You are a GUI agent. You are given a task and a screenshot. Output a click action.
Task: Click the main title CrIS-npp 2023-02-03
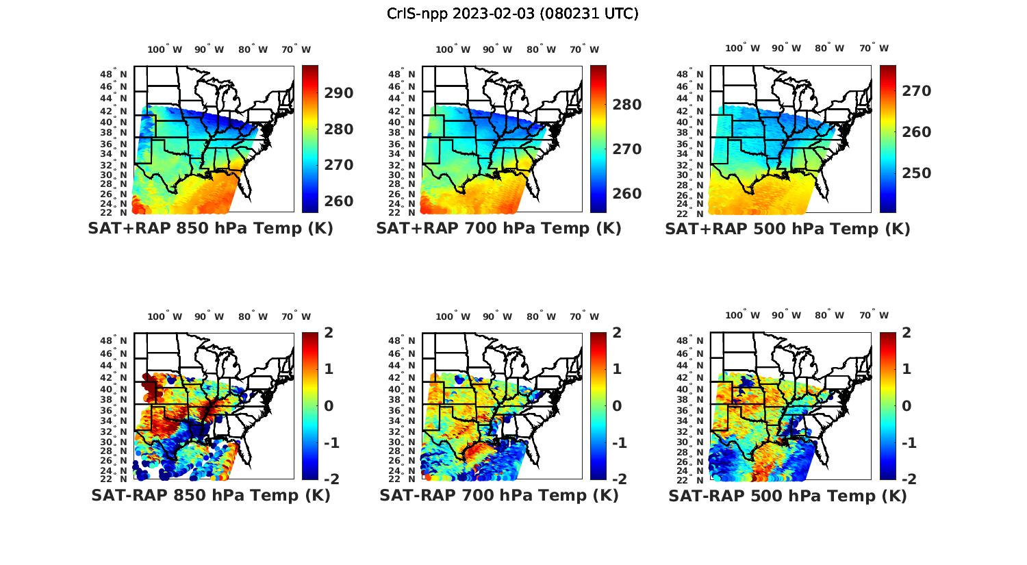[512, 14]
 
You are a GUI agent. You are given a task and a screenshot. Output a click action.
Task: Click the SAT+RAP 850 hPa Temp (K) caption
[210, 229]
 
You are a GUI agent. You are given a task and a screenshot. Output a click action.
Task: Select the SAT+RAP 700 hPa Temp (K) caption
[498, 229]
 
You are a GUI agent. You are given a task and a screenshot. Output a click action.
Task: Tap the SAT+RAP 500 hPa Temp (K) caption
[787, 229]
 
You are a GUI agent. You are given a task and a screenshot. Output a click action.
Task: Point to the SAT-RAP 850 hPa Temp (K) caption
[210, 495]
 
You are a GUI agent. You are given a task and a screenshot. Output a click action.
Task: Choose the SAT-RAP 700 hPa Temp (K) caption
[498, 495]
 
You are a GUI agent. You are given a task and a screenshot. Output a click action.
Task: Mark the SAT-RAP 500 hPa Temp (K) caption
[787, 496]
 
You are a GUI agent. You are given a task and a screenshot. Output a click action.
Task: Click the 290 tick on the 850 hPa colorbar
[339, 93]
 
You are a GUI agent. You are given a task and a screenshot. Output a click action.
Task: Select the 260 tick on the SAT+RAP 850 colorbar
[339, 201]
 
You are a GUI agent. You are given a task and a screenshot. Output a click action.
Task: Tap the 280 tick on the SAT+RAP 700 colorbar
[627, 105]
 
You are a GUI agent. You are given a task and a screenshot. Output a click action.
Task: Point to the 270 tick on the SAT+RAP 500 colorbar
[917, 91]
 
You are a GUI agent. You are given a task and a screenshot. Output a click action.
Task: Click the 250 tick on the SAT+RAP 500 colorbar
[917, 173]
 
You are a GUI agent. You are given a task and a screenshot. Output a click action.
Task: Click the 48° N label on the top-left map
[114, 74]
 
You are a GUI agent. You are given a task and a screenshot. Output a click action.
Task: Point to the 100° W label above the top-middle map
[453, 49]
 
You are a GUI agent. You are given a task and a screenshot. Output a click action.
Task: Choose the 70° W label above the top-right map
[874, 48]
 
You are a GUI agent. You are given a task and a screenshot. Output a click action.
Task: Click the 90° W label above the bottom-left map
[208, 316]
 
